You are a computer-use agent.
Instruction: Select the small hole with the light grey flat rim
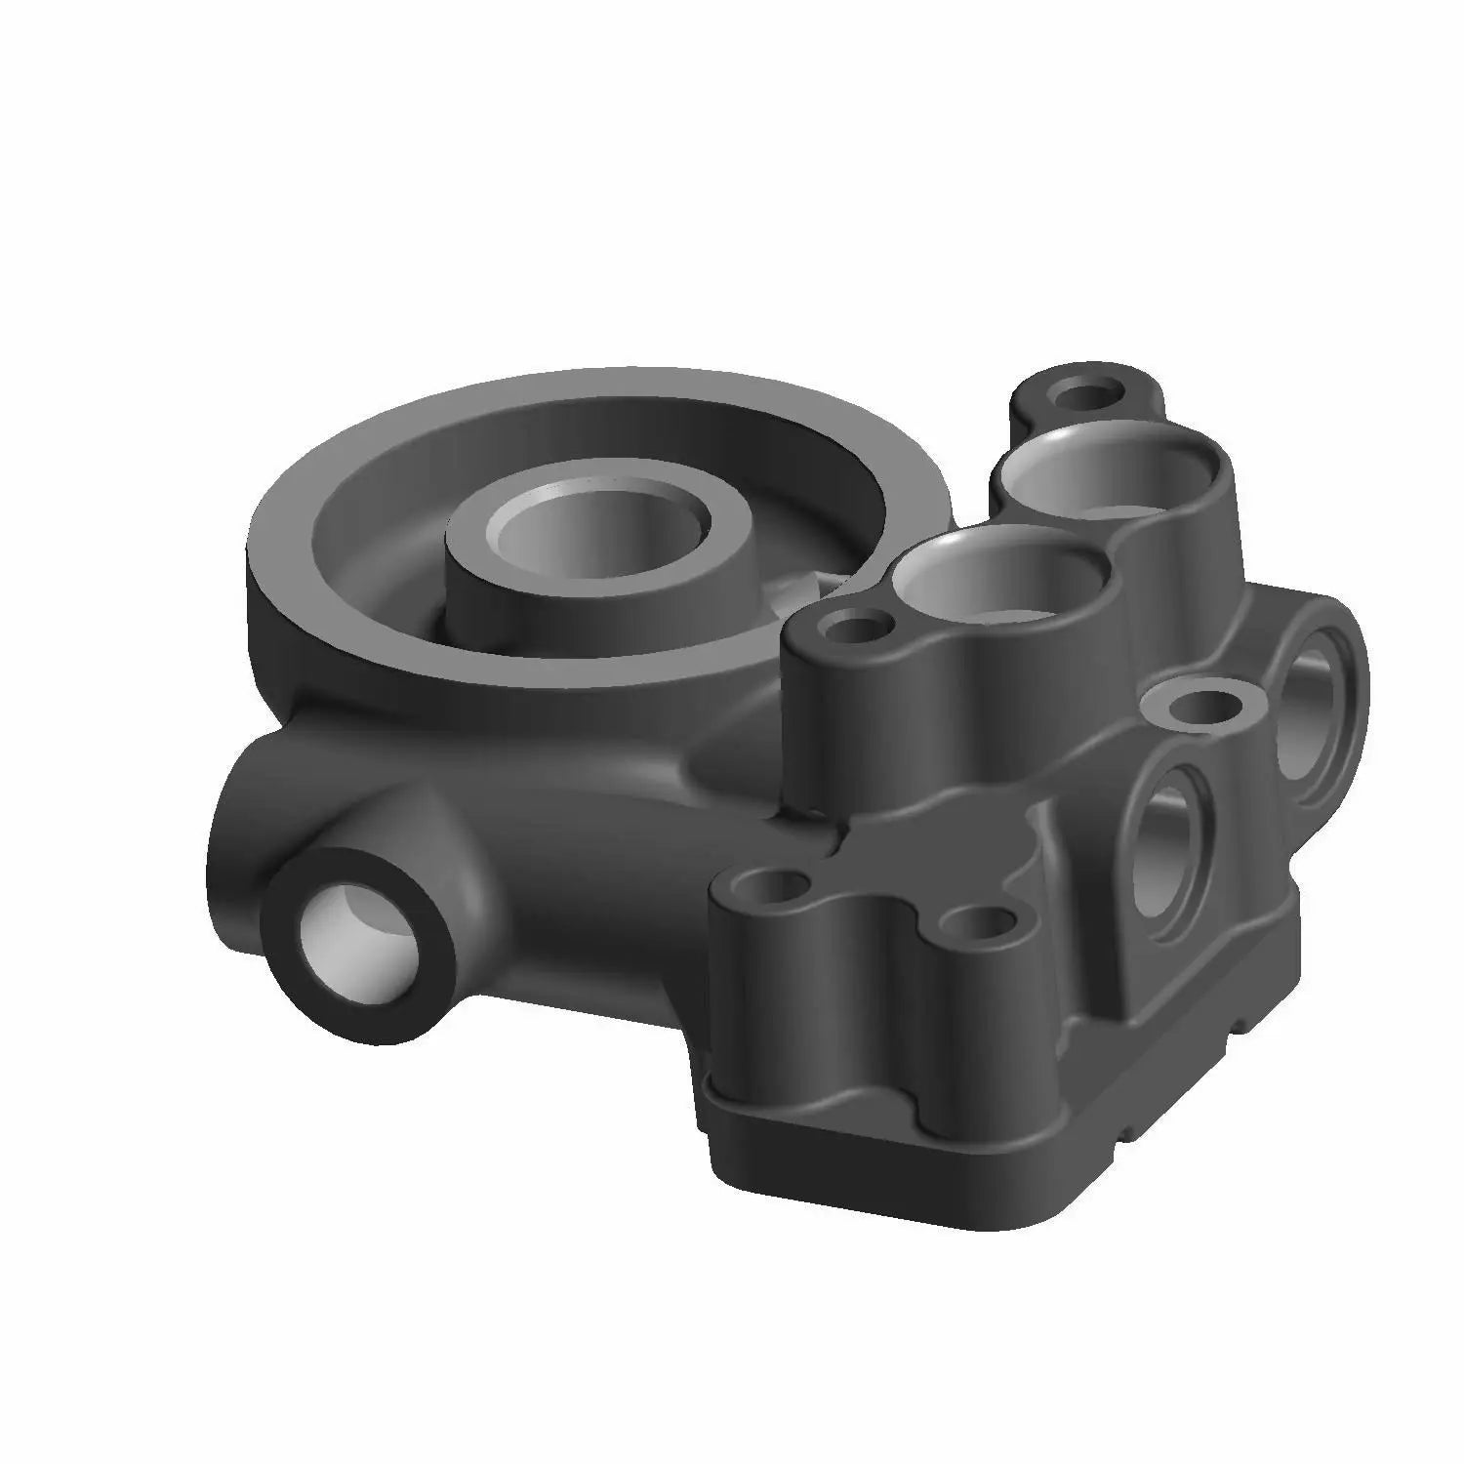point(1201,704)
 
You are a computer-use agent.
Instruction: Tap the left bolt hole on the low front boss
point(775,890)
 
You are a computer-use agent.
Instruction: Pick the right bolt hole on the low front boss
point(982,922)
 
